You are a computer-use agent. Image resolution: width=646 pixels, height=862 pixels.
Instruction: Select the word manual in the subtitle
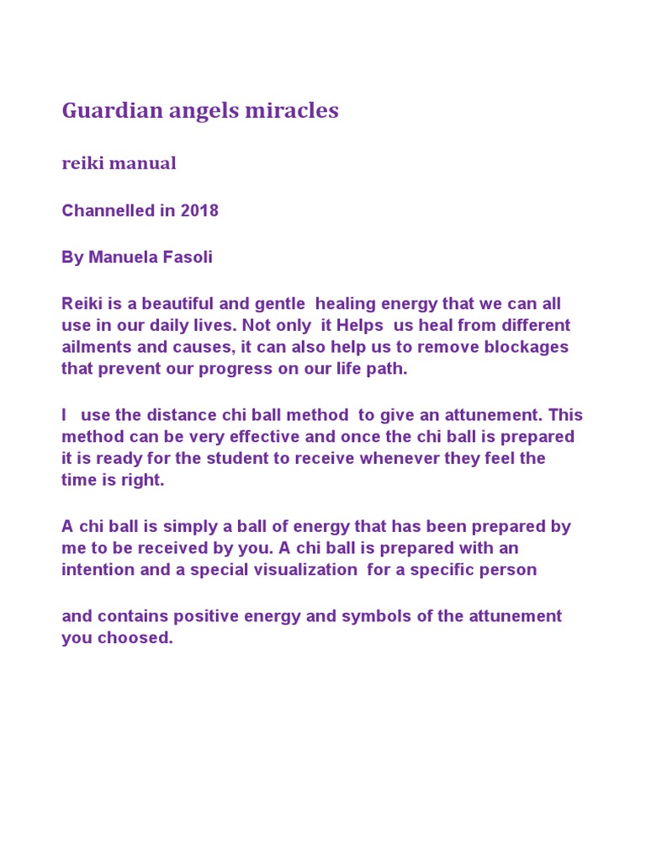tap(145, 163)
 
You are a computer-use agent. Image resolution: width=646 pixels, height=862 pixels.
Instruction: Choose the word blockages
tap(529, 347)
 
